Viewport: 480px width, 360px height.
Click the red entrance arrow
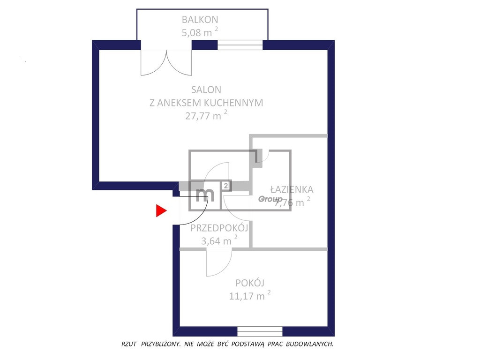point(161,210)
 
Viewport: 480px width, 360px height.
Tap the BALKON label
point(200,20)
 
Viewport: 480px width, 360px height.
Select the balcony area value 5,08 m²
point(200,32)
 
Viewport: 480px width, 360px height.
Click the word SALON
point(206,90)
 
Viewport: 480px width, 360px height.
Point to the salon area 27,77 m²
point(206,115)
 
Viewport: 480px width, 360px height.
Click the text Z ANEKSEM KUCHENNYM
point(206,103)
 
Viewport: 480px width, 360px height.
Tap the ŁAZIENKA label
point(292,189)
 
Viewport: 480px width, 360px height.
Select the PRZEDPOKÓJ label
point(219,228)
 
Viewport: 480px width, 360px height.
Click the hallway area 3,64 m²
point(219,240)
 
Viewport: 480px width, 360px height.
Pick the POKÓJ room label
point(250,283)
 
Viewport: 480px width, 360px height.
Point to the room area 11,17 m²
point(250,296)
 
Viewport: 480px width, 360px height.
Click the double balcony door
point(166,62)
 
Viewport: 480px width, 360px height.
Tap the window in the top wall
point(240,45)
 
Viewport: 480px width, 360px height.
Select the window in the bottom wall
point(260,331)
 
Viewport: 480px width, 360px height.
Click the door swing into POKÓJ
point(219,262)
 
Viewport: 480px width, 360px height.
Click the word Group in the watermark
point(270,199)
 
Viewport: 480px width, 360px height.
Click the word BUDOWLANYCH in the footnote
point(310,344)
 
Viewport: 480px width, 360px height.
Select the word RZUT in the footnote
point(129,344)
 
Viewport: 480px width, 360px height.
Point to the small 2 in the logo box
point(225,186)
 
